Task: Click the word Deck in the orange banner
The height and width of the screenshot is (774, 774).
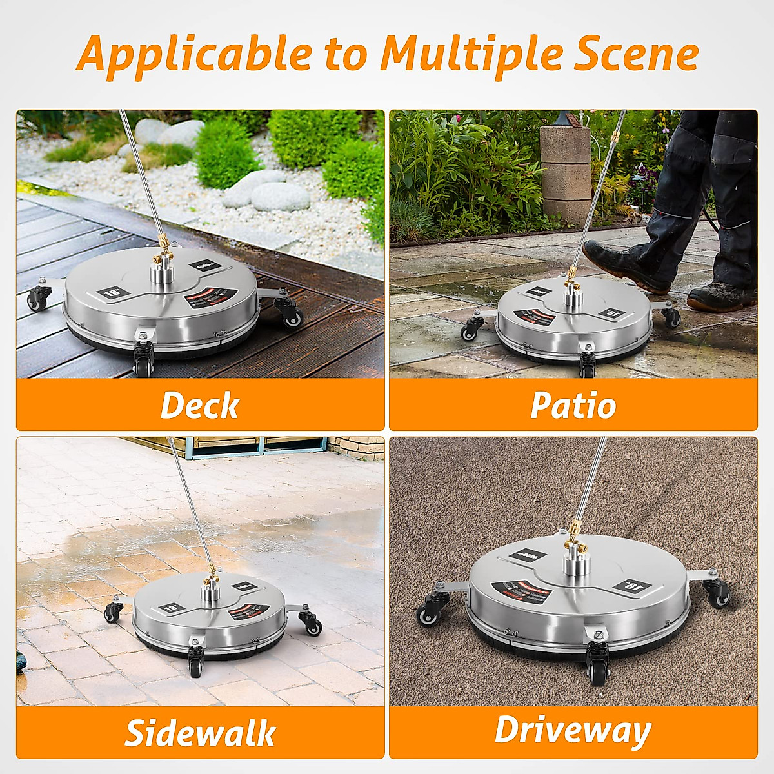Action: [199, 405]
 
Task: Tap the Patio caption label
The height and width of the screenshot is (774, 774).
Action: [573, 405]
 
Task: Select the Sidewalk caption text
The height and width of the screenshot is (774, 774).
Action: [200, 733]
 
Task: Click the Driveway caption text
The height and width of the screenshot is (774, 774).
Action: [573, 731]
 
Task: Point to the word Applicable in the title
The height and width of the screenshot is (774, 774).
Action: [194, 54]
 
